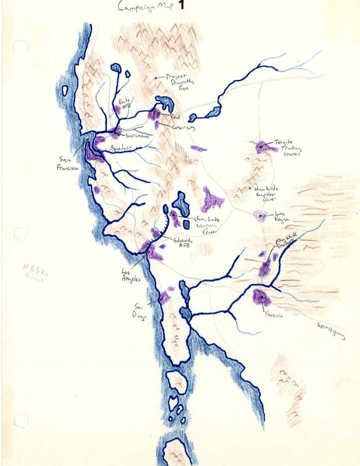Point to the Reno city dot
pos(155,112)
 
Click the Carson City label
pos(179,128)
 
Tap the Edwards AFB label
pos(182,243)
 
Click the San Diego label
pos(140,310)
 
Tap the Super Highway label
pos(330,331)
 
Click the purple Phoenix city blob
pos(261,298)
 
